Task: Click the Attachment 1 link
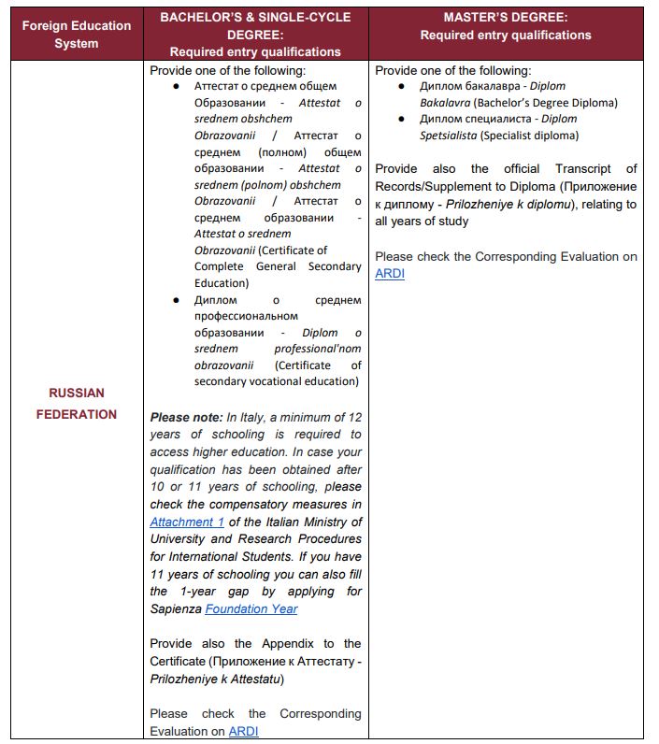point(187,522)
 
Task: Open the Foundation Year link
point(251,608)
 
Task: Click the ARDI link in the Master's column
point(390,274)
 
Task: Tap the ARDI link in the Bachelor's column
point(243,731)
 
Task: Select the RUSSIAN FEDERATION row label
point(77,403)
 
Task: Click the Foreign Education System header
point(77,35)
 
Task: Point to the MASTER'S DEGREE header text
point(505,18)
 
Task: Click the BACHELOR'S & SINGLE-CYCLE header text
point(255,18)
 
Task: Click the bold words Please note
point(187,417)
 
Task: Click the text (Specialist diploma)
point(529,136)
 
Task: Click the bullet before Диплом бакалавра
point(401,86)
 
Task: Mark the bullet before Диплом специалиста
point(401,119)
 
